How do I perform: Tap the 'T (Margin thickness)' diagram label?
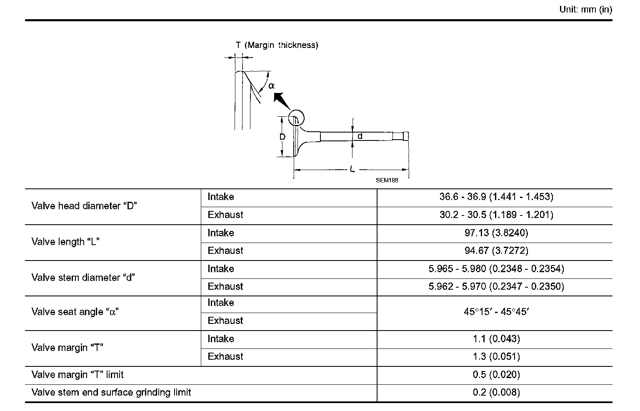(277, 45)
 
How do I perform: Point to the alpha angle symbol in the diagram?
(272, 86)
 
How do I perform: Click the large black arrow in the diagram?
(282, 101)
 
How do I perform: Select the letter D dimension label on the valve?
(282, 137)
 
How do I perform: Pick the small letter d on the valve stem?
(360, 136)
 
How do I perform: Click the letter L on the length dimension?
(352, 170)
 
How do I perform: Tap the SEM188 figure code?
(387, 180)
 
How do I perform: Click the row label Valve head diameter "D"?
(85, 206)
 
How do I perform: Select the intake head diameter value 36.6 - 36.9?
(496, 197)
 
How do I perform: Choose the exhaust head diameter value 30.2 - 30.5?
(496, 215)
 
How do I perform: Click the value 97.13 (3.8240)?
(496, 233)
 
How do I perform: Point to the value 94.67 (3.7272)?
(496, 251)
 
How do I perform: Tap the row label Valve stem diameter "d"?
(83, 278)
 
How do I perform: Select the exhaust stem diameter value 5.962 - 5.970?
(496, 286)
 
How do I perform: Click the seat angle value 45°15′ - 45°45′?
(496, 312)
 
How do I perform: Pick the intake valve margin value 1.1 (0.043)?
(496, 339)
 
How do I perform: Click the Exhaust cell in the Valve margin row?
(225, 356)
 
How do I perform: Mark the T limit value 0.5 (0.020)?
(496, 375)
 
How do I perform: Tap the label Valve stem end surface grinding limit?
(111, 392)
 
